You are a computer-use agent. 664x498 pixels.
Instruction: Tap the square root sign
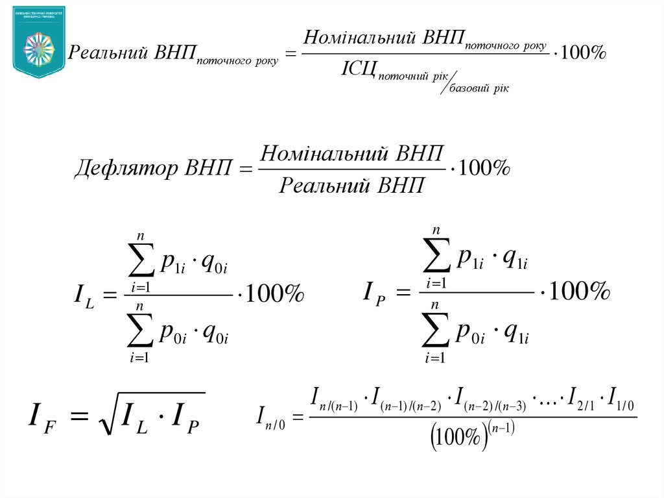[104, 416]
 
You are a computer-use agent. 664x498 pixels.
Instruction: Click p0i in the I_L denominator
[171, 334]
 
